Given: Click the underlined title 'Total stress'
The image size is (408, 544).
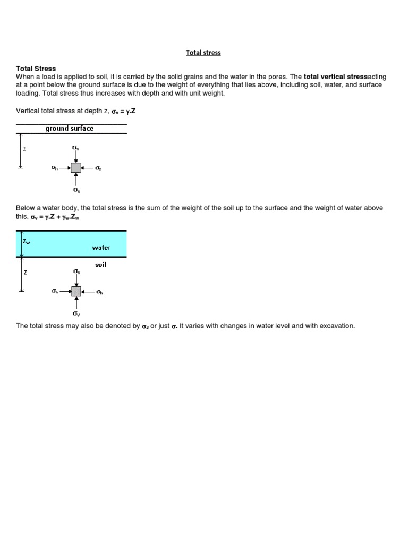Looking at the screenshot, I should [x=203, y=53].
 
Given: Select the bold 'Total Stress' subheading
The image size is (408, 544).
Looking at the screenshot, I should [x=36, y=69].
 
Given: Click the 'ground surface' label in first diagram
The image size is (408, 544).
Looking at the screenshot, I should [x=69, y=128].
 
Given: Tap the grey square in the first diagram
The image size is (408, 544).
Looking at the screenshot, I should [x=76, y=168].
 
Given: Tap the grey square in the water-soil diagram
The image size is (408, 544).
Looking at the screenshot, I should [x=76, y=292].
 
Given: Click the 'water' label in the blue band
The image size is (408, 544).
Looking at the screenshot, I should [x=101, y=248].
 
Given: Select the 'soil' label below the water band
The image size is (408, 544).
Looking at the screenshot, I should [x=100, y=264].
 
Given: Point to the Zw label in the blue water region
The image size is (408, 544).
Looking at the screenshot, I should [x=27, y=241].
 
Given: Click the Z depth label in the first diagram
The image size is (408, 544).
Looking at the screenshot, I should [x=24, y=149].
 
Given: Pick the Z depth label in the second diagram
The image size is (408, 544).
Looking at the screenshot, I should [x=25, y=273].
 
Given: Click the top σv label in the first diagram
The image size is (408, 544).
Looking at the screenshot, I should [x=76, y=147].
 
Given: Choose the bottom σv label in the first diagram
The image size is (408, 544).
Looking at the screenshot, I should [x=76, y=190].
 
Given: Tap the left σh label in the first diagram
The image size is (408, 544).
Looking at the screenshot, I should [x=54, y=168].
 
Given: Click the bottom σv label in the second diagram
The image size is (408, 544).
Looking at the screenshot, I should [x=76, y=313].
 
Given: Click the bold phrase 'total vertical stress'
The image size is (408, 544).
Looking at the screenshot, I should [x=335, y=76].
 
